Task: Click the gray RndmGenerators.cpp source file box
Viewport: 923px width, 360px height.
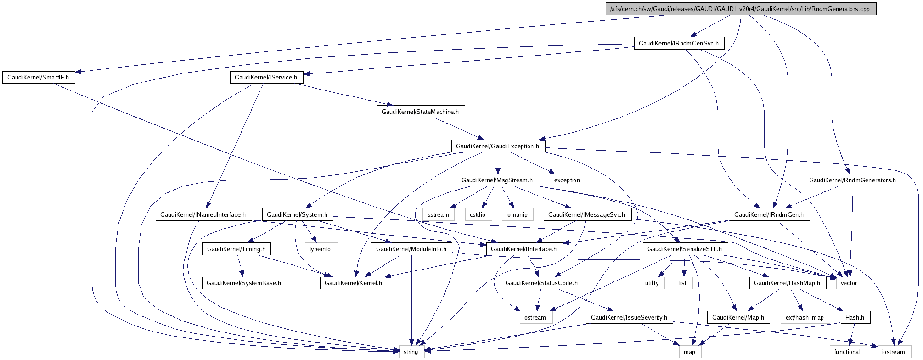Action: point(741,9)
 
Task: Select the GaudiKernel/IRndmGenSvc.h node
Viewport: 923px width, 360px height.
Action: point(679,43)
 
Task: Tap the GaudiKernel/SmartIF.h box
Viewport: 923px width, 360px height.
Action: point(38,77)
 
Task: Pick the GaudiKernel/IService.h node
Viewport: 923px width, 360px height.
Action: point(266,77)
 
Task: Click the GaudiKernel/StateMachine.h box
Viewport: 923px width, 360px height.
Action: point(420,112)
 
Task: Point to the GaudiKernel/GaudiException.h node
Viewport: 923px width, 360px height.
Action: point(498,146)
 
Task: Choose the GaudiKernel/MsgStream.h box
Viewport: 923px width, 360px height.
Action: point(497,180)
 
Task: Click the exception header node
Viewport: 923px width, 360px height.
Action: point(567,180)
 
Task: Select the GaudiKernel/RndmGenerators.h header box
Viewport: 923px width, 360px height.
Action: point(852,180)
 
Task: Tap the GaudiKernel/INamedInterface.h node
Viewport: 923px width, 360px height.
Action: point(203,214)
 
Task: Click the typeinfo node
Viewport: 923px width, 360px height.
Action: point(320,249)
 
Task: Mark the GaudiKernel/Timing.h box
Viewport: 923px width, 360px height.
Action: point(236,249)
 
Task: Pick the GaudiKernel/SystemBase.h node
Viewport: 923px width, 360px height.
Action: point(244,283)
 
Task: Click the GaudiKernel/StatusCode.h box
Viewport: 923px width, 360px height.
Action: point(541,283)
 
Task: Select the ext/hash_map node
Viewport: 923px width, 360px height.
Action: point(805,317)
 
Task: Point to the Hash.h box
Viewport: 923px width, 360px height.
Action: point(855,317)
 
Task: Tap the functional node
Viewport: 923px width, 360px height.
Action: point(847,352)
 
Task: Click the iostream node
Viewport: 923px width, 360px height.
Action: point(894,352)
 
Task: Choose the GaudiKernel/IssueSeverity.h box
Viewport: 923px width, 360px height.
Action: point(629,317)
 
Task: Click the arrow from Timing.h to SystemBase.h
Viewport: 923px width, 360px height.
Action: point(240,266)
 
